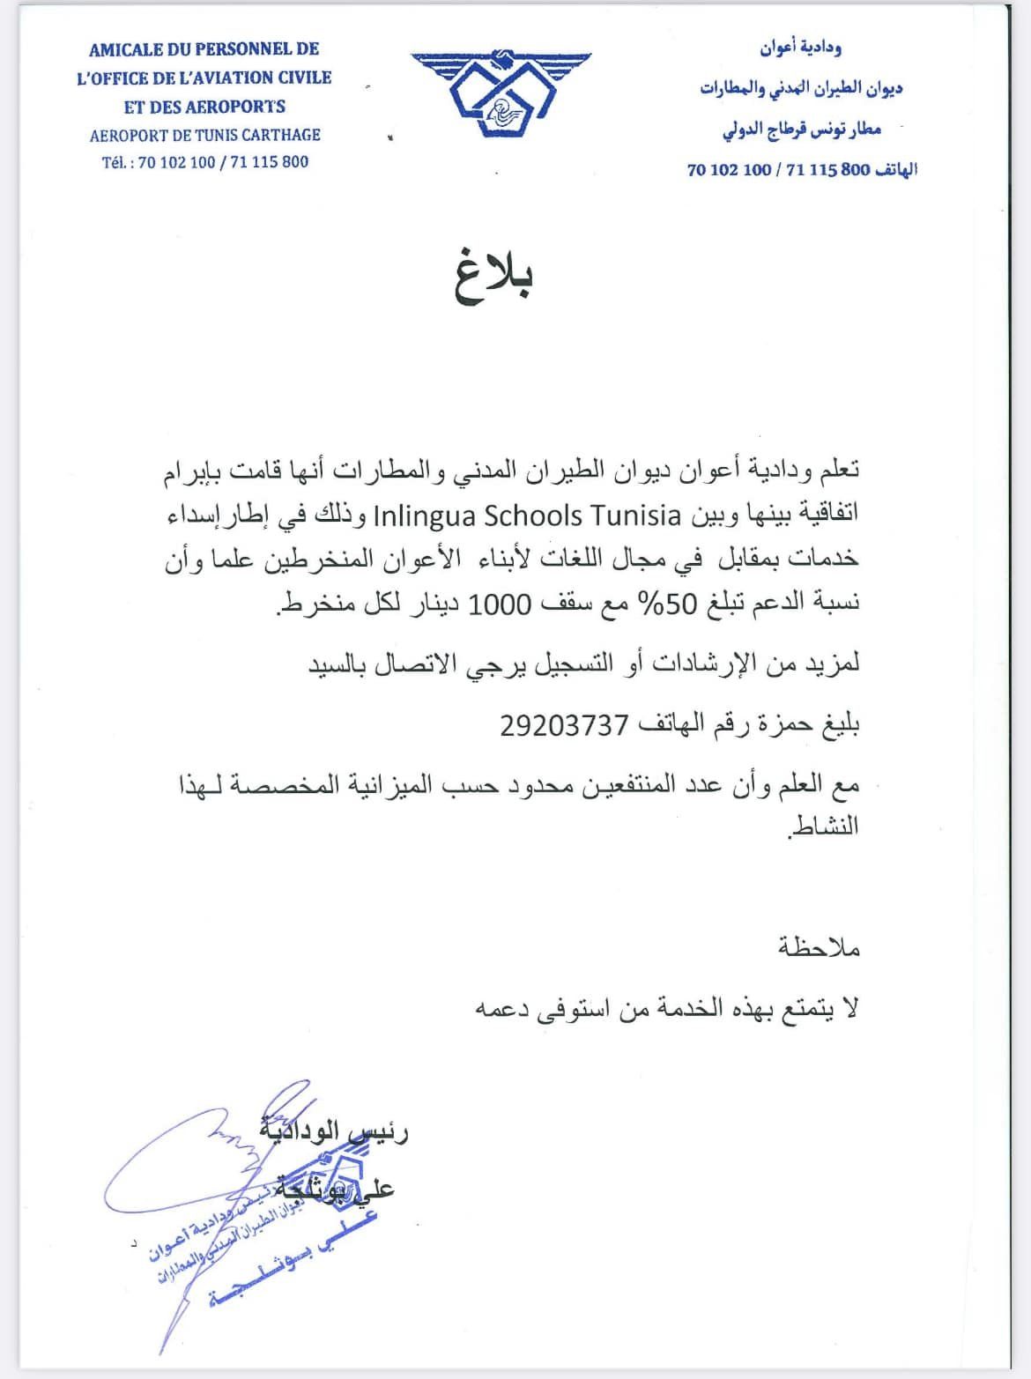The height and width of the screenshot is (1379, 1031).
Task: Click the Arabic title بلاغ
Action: tap(495, 276)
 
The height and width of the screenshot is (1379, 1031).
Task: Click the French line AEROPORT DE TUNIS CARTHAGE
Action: tap(204, 135)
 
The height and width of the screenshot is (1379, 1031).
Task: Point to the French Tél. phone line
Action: tap(204, 162)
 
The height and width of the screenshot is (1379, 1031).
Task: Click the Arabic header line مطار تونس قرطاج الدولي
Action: tap(801, 130)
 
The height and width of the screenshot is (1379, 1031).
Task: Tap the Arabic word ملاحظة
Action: tap(819, 948)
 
